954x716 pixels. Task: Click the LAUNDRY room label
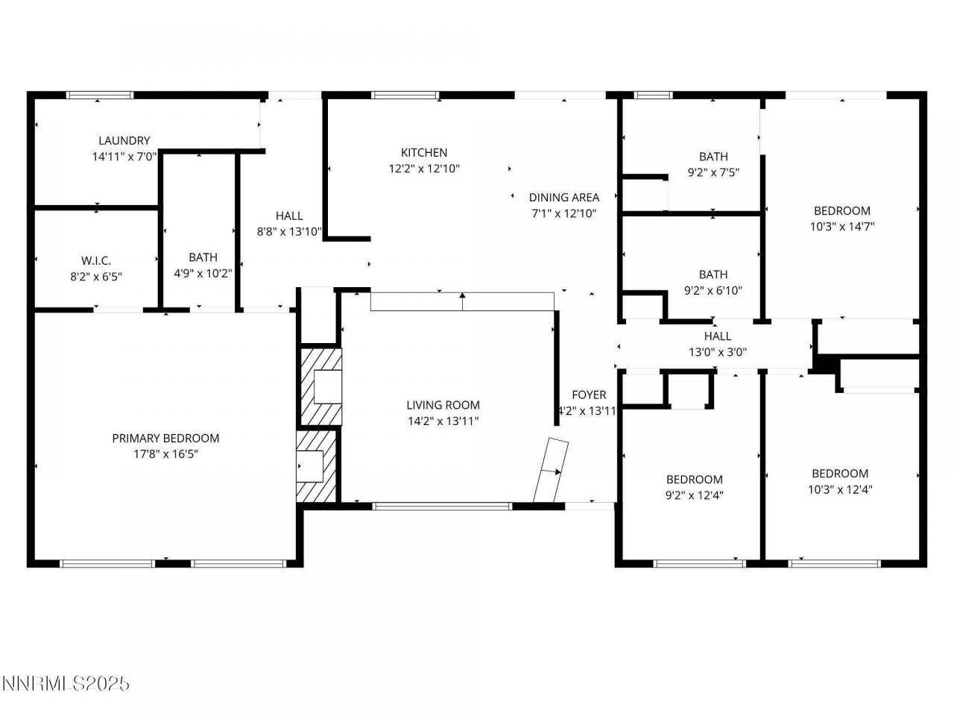[124, 140]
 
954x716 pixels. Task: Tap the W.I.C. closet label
[96, 260]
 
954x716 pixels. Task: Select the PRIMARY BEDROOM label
[165, 438]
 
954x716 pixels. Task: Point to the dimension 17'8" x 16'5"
[165, 453]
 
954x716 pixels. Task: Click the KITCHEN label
[424, 153]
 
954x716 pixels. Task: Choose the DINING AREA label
[564, 198]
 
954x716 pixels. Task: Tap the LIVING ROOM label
[443, 405]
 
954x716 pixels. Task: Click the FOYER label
[589, 395]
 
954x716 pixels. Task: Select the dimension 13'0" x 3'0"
[718, 352]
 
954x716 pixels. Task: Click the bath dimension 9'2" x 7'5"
[713, 172]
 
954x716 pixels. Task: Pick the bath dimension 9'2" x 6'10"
[713, 290]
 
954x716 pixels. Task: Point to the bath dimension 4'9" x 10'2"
[203, 273]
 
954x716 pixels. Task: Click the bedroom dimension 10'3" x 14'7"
[841, 227]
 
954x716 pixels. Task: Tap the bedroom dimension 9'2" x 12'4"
[694, 494]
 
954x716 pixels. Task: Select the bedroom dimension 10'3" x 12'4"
[840, 489]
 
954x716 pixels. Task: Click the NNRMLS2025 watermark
[66, 683]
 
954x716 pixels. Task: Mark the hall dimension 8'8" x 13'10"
[289, 232]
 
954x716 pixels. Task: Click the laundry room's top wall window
[100, 95]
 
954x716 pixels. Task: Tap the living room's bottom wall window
[442, 506]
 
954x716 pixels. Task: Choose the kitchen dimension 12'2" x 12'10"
[424, 169]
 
